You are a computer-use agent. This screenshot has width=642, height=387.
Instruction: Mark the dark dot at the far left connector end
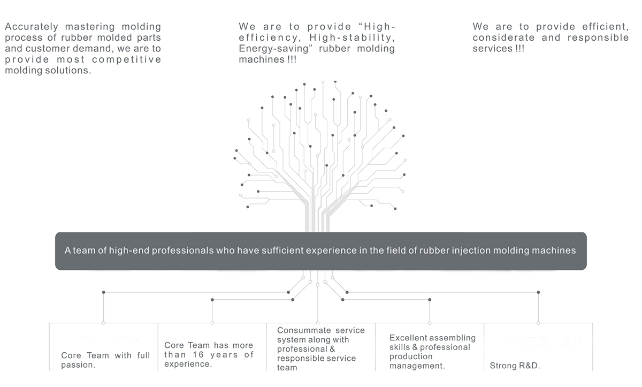(x=103, y=292)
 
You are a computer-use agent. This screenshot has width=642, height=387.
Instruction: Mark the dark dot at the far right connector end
(x=538, y=292)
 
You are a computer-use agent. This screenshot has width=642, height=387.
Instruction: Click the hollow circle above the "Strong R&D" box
(x=538, y=323)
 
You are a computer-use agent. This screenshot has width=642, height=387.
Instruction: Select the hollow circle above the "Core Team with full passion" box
(x=103, y=323)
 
